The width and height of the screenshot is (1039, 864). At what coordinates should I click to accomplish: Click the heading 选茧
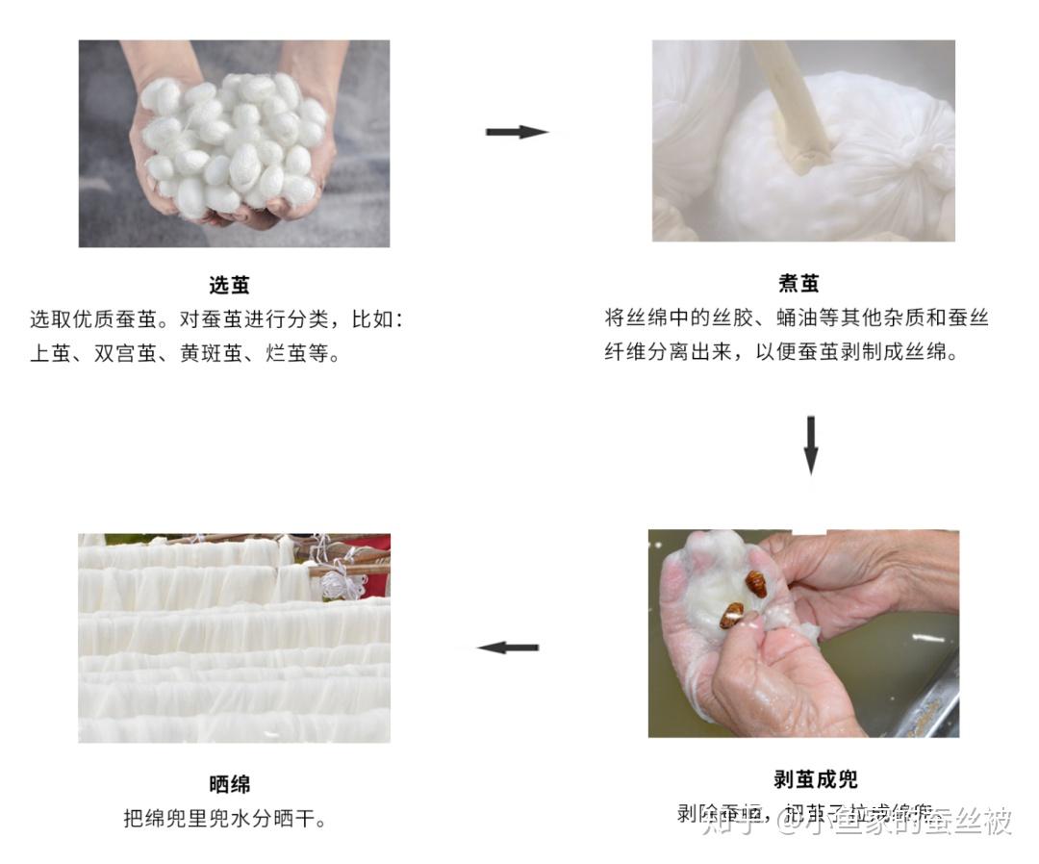tap(229, 285)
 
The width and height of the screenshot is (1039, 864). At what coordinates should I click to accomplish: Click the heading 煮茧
tap(798, 284)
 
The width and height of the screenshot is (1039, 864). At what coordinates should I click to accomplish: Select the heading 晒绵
tap(229, 784)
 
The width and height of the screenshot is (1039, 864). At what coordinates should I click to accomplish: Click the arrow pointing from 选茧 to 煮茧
tap(517, 132)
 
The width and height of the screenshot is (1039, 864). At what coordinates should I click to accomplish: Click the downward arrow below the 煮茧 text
tap(810, 445)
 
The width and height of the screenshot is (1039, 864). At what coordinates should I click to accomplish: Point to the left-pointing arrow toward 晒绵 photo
tap(508, 648)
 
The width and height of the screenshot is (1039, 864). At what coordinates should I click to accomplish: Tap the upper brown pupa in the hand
tap(755, 584)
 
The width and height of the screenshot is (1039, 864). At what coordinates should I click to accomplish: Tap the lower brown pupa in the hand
tap(732, 615)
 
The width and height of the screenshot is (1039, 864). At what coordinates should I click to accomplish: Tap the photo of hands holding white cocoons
tap(234, 143)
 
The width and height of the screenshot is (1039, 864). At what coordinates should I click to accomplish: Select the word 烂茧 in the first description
tap(286, 353)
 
